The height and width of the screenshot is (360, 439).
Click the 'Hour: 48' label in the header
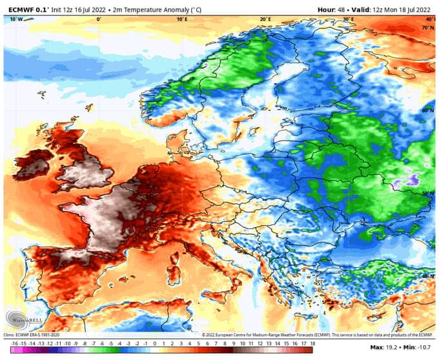coord(332,10)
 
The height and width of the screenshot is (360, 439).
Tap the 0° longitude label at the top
coord(98,19)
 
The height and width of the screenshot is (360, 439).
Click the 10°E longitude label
coord(182,19)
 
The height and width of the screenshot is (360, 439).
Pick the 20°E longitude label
coord(265,19)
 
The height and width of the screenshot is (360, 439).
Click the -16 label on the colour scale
coord(14,343)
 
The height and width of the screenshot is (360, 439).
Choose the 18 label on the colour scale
coord(312,343)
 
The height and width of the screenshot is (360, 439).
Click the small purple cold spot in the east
coord(402,183)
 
